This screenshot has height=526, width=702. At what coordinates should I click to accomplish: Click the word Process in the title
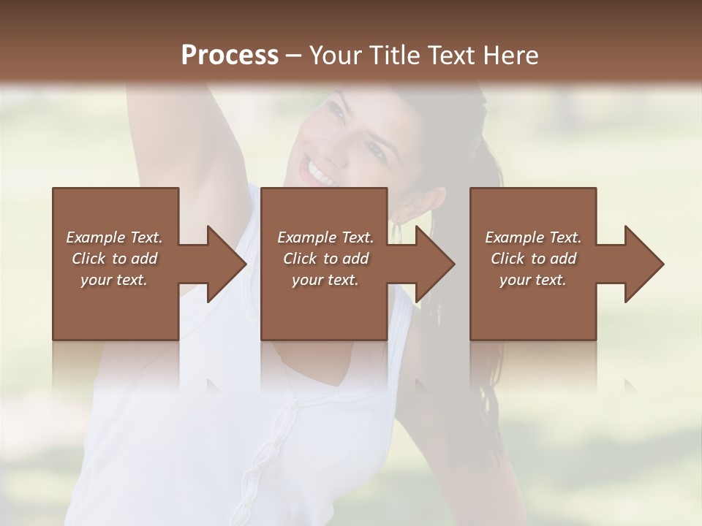click(230, 56)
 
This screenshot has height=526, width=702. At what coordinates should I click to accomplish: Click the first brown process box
click(116, 314)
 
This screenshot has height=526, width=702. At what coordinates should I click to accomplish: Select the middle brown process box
click(324, 314)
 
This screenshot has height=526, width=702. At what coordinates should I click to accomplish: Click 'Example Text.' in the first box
click(114, 237)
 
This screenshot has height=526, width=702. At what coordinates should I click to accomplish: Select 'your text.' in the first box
click(114, 280)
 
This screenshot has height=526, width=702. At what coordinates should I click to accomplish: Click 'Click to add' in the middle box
click(325, 259)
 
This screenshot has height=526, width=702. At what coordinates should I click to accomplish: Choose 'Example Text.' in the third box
click(533, 237)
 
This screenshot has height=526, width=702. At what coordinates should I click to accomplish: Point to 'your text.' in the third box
click(533, 280)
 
